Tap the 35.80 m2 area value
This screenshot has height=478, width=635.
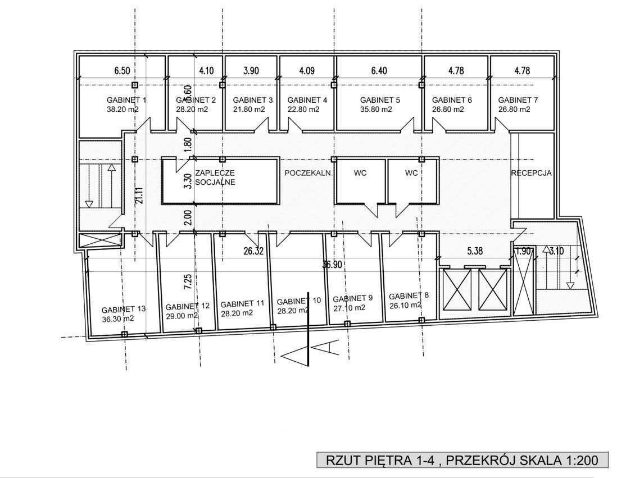pos(376,110)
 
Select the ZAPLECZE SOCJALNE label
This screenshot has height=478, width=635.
pos(215,177)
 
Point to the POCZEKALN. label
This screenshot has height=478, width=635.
pos(309,173)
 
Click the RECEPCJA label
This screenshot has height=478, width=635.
pos(532,173)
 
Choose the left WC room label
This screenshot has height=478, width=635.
pos(360,173)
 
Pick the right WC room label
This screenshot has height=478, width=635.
pos(411,173)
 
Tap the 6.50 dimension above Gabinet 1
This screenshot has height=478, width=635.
pos(122,70)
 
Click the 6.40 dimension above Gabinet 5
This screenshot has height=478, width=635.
pos(379,70)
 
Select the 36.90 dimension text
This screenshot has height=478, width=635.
pos(332,265)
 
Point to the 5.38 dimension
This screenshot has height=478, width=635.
pos(475,251)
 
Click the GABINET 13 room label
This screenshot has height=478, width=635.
pos(124,309)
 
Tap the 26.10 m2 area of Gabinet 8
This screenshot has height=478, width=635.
pos(405,306)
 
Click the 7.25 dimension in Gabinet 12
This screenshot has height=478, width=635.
pos(188,282)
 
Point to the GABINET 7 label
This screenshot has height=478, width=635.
pos(518,100)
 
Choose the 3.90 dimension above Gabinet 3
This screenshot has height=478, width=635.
pos(251,70)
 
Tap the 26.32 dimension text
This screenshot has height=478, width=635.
pos(253,251)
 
